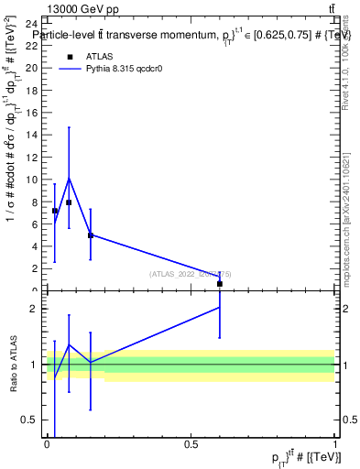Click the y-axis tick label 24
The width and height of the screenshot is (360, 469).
[31, 24]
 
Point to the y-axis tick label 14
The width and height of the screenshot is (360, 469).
[31, 136]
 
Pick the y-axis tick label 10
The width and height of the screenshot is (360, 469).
[31, 180]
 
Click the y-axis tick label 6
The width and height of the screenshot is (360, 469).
[34, 225]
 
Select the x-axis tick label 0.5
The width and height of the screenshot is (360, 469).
[191, 444]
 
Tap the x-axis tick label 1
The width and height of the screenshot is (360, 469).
[335, 444]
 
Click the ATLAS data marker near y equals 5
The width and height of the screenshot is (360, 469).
[90, 235]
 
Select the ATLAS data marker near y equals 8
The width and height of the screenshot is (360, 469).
[69, 202]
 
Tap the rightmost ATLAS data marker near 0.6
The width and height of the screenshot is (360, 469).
[220, 284]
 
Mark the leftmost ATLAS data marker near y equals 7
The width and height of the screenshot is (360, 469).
[55, 211]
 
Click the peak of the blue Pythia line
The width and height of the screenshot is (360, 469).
[69, 178]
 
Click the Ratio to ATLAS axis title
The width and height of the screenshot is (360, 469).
[15, 364]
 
